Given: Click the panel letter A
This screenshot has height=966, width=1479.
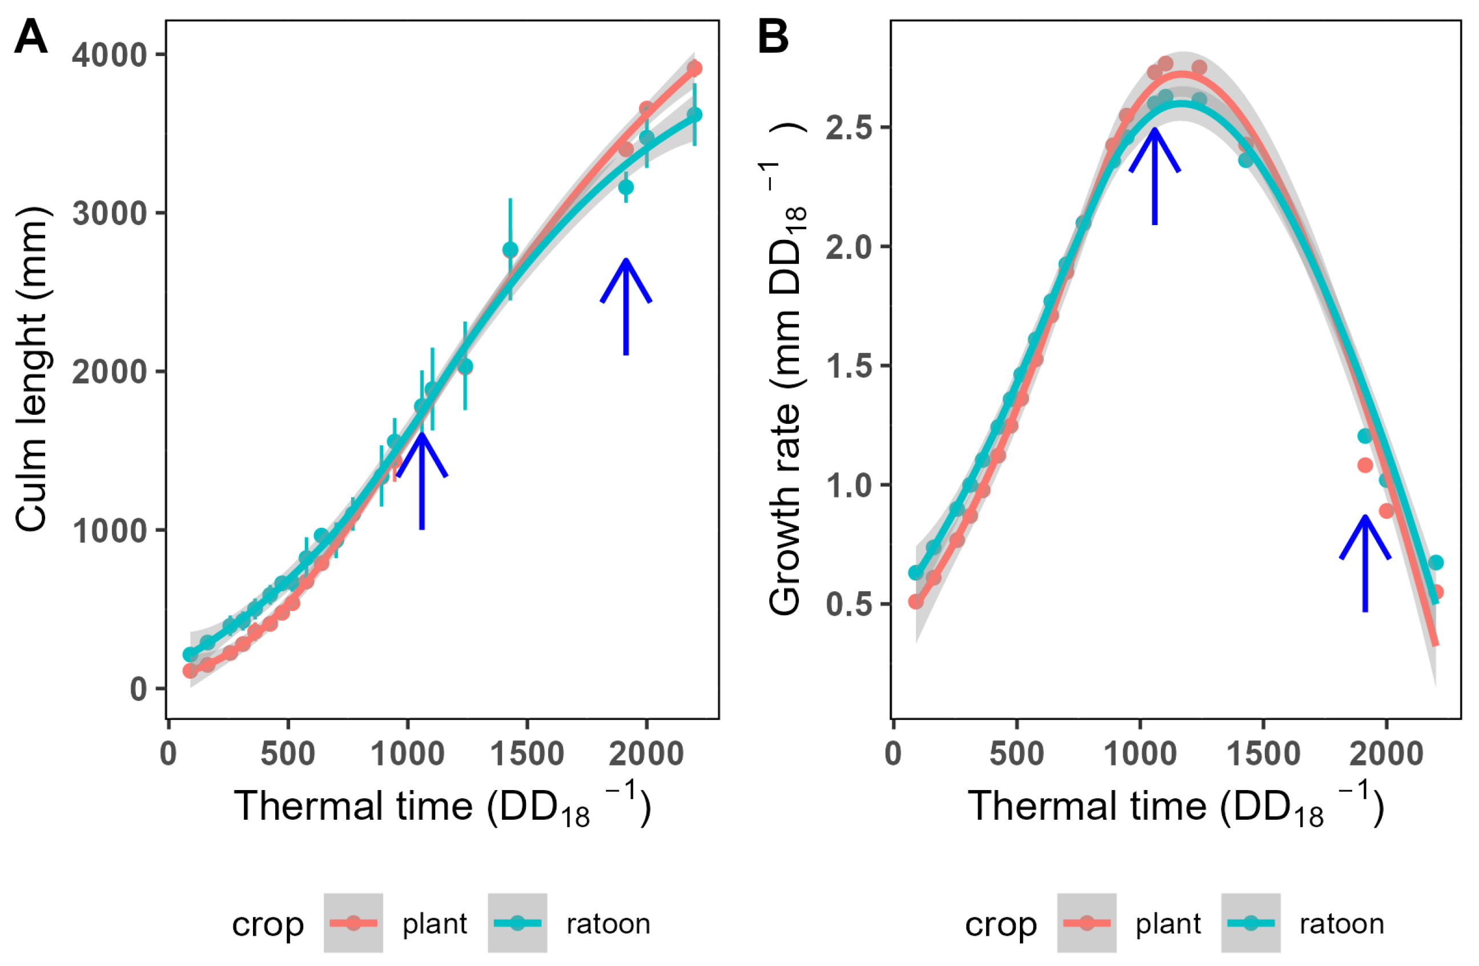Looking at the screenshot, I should point(30,37).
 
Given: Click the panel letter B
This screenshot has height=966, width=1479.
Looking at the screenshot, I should point(773,37).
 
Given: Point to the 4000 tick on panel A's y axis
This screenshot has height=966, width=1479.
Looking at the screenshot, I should point(110,55).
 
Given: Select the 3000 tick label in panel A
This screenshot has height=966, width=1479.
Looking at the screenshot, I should point(110,214).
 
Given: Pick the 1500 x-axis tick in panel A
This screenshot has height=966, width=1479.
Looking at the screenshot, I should point(527,755).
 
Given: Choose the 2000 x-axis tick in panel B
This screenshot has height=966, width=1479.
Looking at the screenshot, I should point(1386,755).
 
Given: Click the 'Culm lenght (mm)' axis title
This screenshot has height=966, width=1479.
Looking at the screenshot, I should point(30,369).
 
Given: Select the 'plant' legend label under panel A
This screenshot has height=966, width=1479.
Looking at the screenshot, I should point(435,924).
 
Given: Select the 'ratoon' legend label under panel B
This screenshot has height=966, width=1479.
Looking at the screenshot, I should point(1342,924).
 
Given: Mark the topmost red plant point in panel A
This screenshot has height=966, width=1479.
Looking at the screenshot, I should point(695,69).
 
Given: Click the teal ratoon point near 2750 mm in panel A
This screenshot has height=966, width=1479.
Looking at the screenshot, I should point(510,250).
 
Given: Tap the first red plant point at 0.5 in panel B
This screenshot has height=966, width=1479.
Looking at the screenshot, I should point(916,602).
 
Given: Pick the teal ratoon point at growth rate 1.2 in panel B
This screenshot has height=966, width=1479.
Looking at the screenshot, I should point(1365,436).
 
